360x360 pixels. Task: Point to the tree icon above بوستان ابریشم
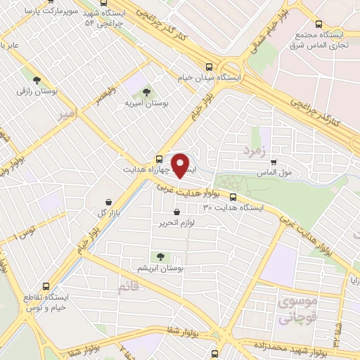(162, 257)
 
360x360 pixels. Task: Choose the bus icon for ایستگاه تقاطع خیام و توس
(46, 287)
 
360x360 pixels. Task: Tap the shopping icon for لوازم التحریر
(176, 212)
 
